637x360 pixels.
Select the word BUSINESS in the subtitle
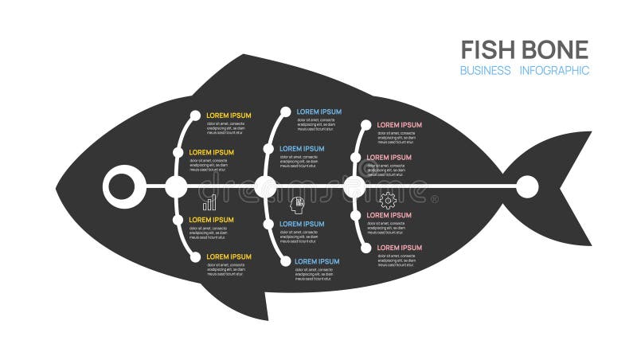[x=485, y=71]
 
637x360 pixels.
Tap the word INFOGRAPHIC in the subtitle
[x=554, y=71]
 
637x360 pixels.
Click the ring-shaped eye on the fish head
[x=122, y=188]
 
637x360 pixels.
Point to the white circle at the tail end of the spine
[x=527, y=187]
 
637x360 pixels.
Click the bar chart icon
[x=209, y=203]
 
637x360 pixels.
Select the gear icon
[x=388, y=200]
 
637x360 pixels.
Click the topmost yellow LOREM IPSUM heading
[x=229, y=115]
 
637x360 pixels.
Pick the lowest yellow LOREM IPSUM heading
[x=229, y=256]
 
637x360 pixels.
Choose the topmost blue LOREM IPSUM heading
[x=318, y=112]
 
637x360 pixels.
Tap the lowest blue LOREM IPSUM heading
[x=317, y=261]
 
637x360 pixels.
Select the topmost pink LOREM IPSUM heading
[x=399, y=125]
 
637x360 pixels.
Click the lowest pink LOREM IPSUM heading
[x=399, y=248]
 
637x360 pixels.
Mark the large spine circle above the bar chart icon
[x=176, y=188]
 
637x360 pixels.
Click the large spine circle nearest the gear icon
[x=354, y=188]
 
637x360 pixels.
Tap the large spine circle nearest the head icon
[x=266, y=188]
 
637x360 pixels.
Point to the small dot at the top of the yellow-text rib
[x=195, y=116]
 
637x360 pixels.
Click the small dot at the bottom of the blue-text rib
[x=285, y=260]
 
